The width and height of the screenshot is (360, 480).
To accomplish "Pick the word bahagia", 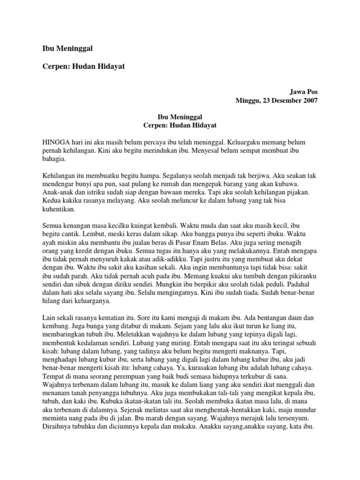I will coord(53,159).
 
